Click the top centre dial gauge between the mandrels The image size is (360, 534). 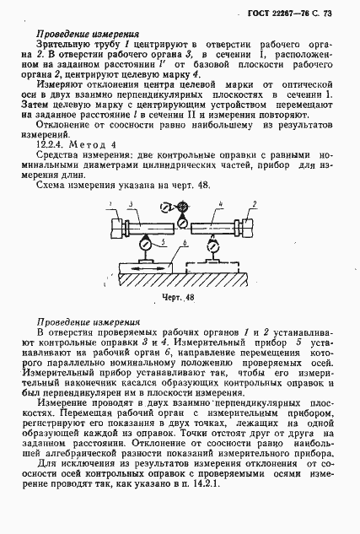[180, 224]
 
